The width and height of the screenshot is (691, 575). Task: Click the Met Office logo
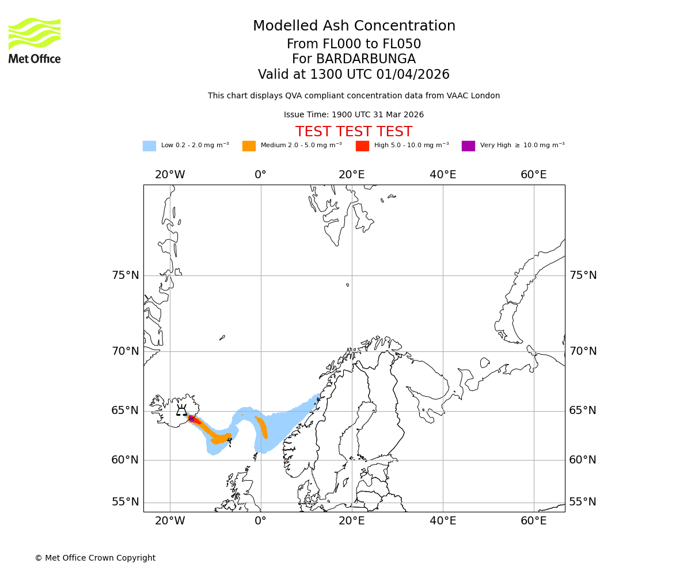tap(35, 40)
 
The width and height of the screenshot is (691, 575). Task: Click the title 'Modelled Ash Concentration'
tap(354, 26)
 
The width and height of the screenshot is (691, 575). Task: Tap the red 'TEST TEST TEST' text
tap(354, 132)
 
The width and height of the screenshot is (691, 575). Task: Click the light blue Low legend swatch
tap(149, 146)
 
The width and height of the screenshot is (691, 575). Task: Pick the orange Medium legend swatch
tap(249, 146)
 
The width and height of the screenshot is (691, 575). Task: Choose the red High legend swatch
tap(362, 146)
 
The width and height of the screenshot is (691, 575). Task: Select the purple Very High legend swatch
tap(468, 146)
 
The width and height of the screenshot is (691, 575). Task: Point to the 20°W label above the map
tap(170, 175)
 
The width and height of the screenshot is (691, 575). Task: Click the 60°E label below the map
tap(533, 521)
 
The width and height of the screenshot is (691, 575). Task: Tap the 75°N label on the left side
tap(126, 275)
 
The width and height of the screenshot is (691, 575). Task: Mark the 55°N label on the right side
tap(583, 502)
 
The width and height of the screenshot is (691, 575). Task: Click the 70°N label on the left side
tap(126, 351)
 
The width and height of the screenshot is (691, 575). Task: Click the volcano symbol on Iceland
tap(181, 411)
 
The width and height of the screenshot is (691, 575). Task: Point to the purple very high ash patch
tap(191, 418)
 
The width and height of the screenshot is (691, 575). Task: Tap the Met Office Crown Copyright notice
tap(95, 558)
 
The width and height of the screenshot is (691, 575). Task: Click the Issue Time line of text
tap(354, 115)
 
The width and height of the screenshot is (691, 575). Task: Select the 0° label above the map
tap(260, 175)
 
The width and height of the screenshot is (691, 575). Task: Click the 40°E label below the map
tap(442, 521)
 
